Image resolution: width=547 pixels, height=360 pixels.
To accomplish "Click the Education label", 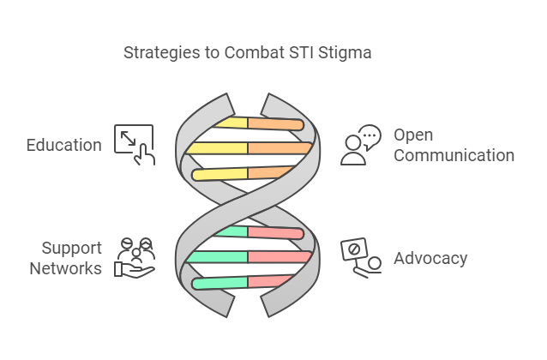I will pyautogui.click(x=64, y=145).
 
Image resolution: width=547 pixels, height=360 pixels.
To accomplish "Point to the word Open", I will pyautogui.click(x=413, y=135).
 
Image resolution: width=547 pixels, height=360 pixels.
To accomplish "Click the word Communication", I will pyautogui.click(x=454, y=155).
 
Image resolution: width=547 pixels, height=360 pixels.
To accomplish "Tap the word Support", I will pyautogui.click(x=71, y=249).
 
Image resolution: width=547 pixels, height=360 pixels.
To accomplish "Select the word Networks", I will pyautogui.click(x=66, y=268).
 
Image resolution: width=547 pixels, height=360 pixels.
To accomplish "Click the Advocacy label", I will pyautogui.click(x=430, y=258).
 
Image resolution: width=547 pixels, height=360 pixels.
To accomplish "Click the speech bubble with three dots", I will pyautogui.click(x=370, y=135).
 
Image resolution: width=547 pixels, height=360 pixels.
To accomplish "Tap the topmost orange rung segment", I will pyautogui.click(x=274, y=124).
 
